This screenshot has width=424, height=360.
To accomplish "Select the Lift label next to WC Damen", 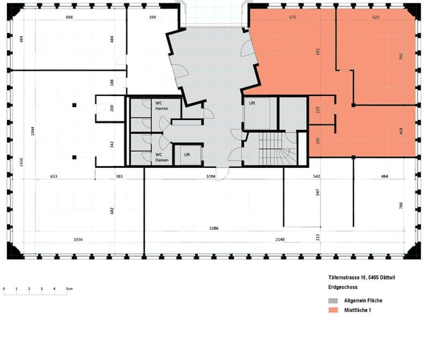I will click(187, 154).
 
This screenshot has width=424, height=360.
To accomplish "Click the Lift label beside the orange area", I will click(252, 102).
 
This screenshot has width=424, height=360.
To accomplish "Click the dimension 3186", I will click(213, 229).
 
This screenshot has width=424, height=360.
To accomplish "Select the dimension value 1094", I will click(210, 175).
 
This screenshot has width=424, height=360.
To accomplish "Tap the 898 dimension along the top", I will click(69, 16).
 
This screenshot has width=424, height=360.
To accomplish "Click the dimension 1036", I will click(78, 239).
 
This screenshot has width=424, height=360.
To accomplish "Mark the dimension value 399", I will click(152, 16).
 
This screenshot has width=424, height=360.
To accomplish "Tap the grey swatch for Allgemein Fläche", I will click(333, 301).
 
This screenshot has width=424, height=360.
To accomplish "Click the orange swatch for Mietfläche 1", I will click(333, 310).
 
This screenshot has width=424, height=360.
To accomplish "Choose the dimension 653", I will click(53, 175).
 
